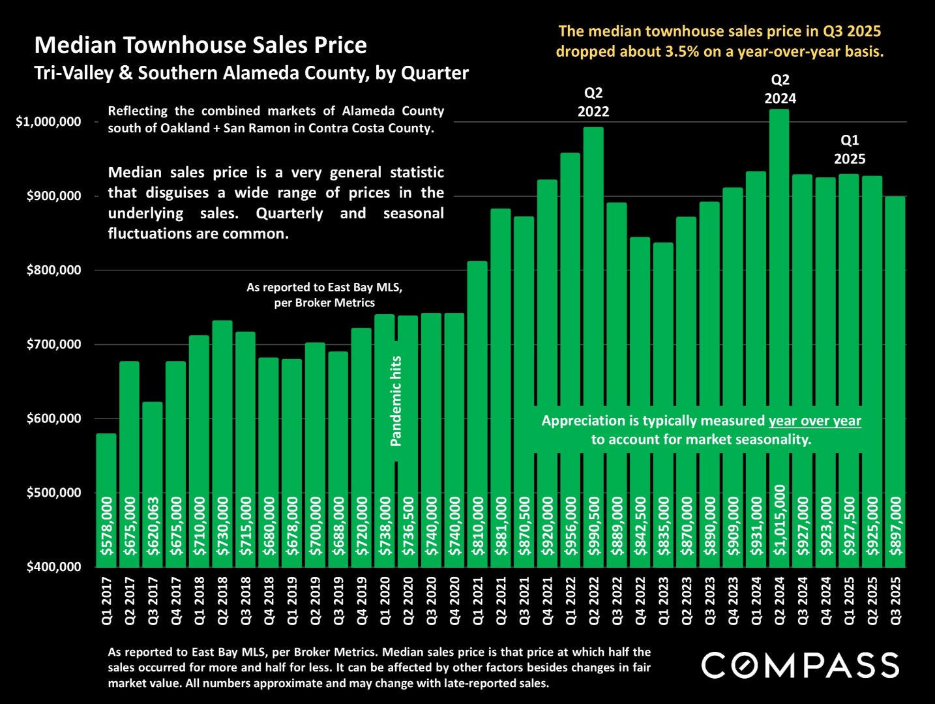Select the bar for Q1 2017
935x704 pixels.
[x=106, y=469]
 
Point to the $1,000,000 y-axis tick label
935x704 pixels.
[x=49, y=122]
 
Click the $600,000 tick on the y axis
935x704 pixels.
[x=54, y=418]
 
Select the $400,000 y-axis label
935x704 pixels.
[x=54, y=566]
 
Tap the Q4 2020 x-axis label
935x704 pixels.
[x=455, y=600]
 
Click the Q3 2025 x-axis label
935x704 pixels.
[x=896, y=600]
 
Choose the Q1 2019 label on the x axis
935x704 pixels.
[x=292, y=600]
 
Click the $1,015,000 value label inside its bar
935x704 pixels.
[x=780, y=520]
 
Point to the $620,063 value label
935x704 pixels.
[x=153, y=526]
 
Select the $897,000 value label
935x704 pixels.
[x=897, y=526]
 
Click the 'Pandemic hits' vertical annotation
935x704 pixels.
[x=396, y=401]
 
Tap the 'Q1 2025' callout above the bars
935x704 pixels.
[x=850, y=149]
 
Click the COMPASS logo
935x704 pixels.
[x=800, y=665]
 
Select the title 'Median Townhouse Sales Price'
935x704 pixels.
[x=200, y=45]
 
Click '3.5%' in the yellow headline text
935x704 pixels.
[x=682, y=51]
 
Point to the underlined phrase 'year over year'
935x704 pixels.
[x=815, y=421]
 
